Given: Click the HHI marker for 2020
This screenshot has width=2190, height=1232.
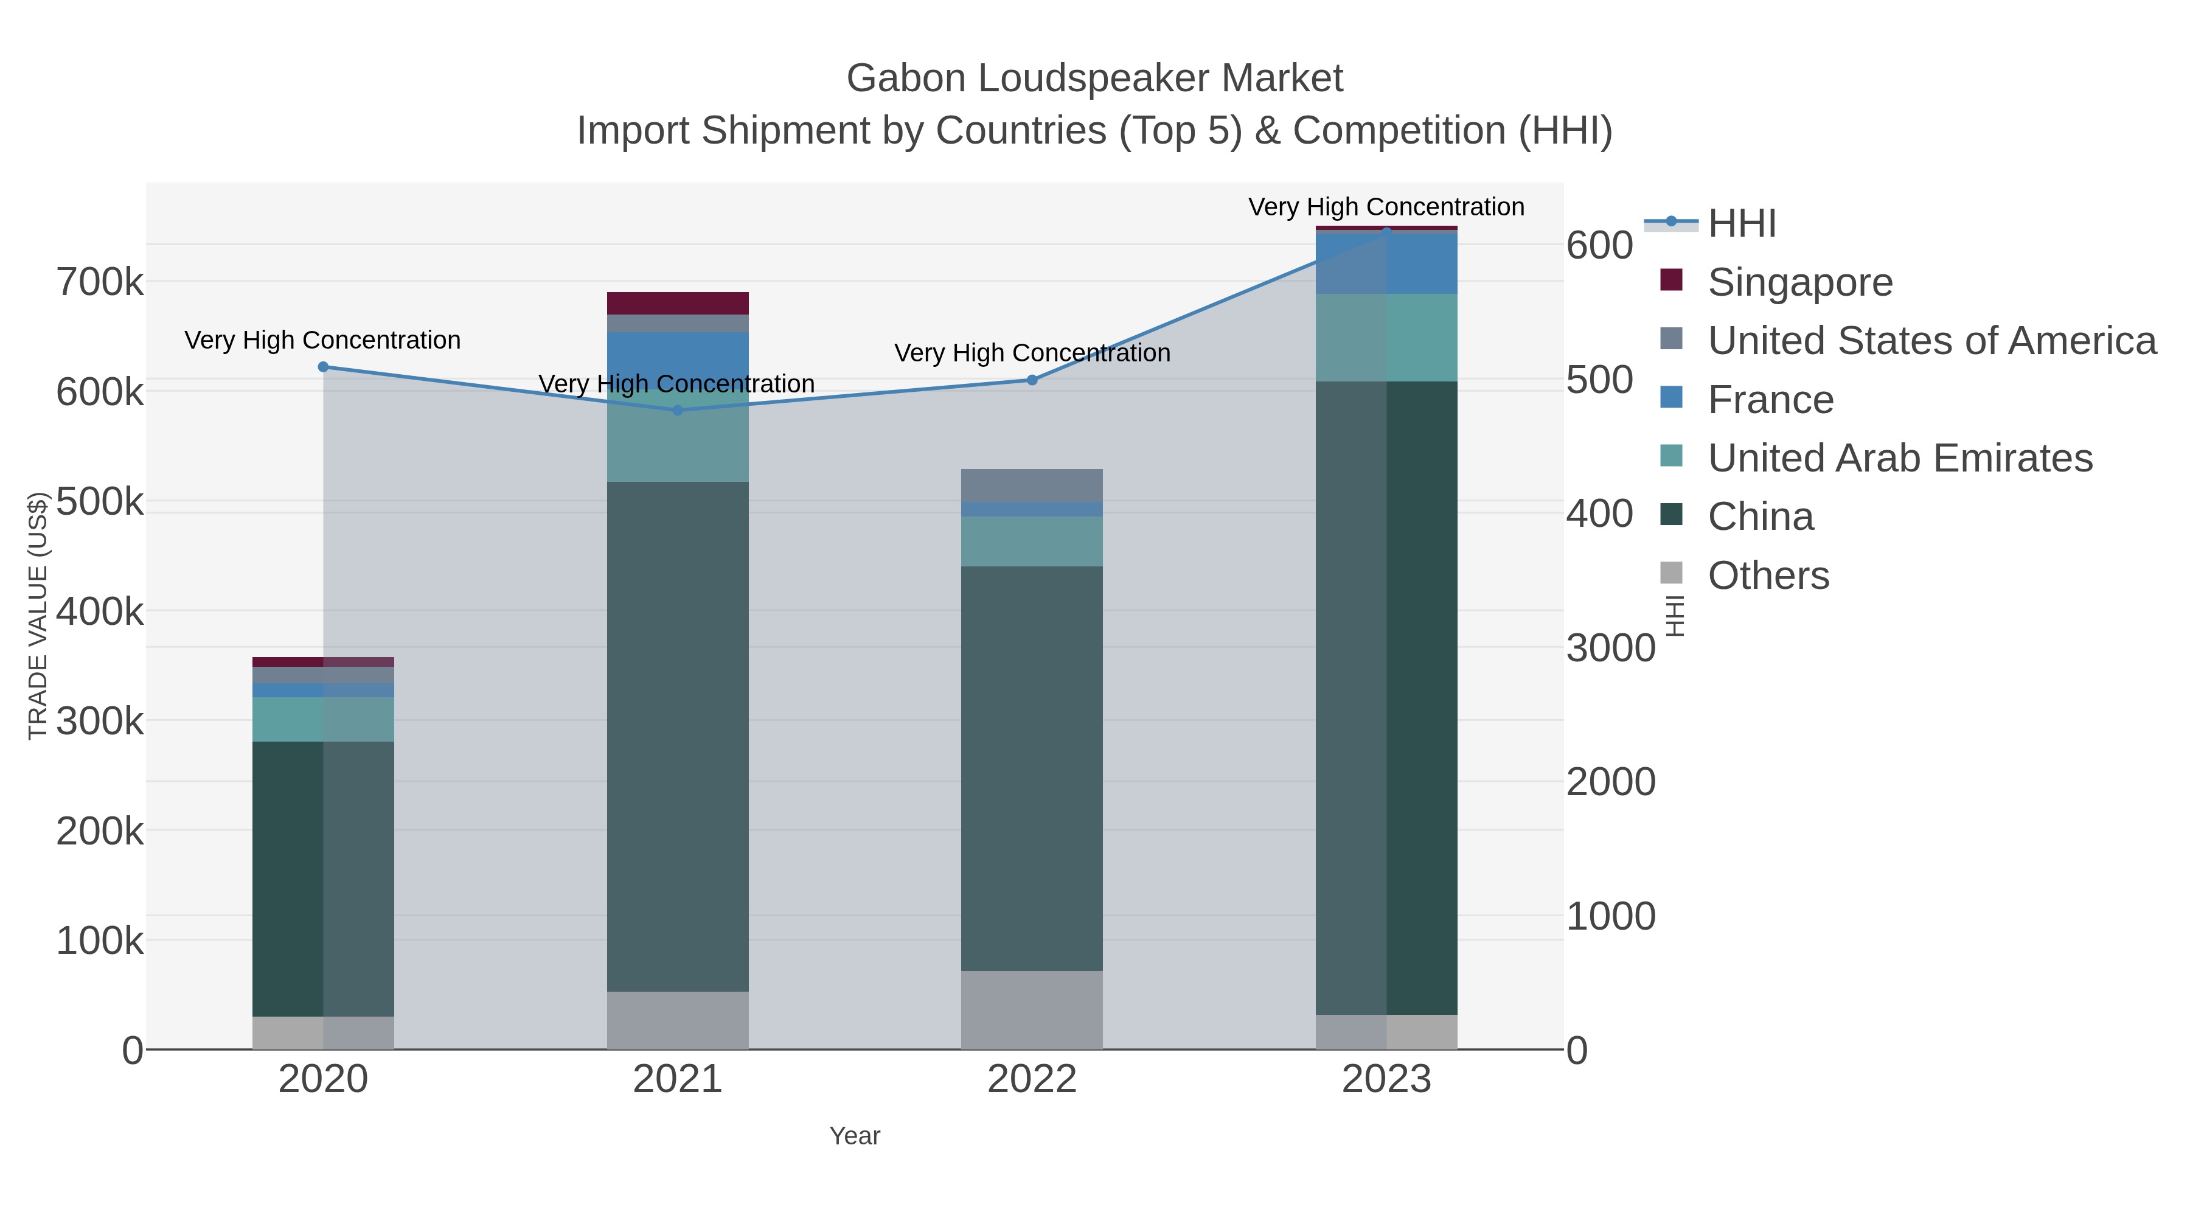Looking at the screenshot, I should (323, 367).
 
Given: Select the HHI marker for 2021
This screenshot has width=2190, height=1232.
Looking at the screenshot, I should (678, 411).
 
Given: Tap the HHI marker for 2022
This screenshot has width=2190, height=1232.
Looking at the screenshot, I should (1032, 380).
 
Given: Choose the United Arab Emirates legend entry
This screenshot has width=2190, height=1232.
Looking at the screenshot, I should (1899, 458).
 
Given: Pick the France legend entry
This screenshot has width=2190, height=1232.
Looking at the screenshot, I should (1770, 400).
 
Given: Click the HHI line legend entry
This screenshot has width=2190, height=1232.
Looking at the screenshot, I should (1741, 224).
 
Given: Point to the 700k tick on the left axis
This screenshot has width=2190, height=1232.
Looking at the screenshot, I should (100, 282).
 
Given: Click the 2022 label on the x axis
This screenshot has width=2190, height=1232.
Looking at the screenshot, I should (1032, 1080).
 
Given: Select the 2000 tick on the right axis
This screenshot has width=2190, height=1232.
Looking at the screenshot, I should (1610, 782).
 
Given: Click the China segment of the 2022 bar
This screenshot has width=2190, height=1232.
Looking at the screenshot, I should (1032, 765).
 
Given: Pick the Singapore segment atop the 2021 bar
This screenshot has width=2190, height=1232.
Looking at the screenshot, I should (678, 304).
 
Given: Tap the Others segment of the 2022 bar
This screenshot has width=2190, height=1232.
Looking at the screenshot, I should (1032, 1010).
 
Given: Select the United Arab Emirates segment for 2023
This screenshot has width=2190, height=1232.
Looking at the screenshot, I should (1386, 338).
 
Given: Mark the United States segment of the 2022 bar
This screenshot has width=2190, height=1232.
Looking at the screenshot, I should (1032, 485).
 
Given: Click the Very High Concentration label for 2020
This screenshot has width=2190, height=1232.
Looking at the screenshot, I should (323, 340).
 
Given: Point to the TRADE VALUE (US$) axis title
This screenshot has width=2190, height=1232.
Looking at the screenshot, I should (38, 616).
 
